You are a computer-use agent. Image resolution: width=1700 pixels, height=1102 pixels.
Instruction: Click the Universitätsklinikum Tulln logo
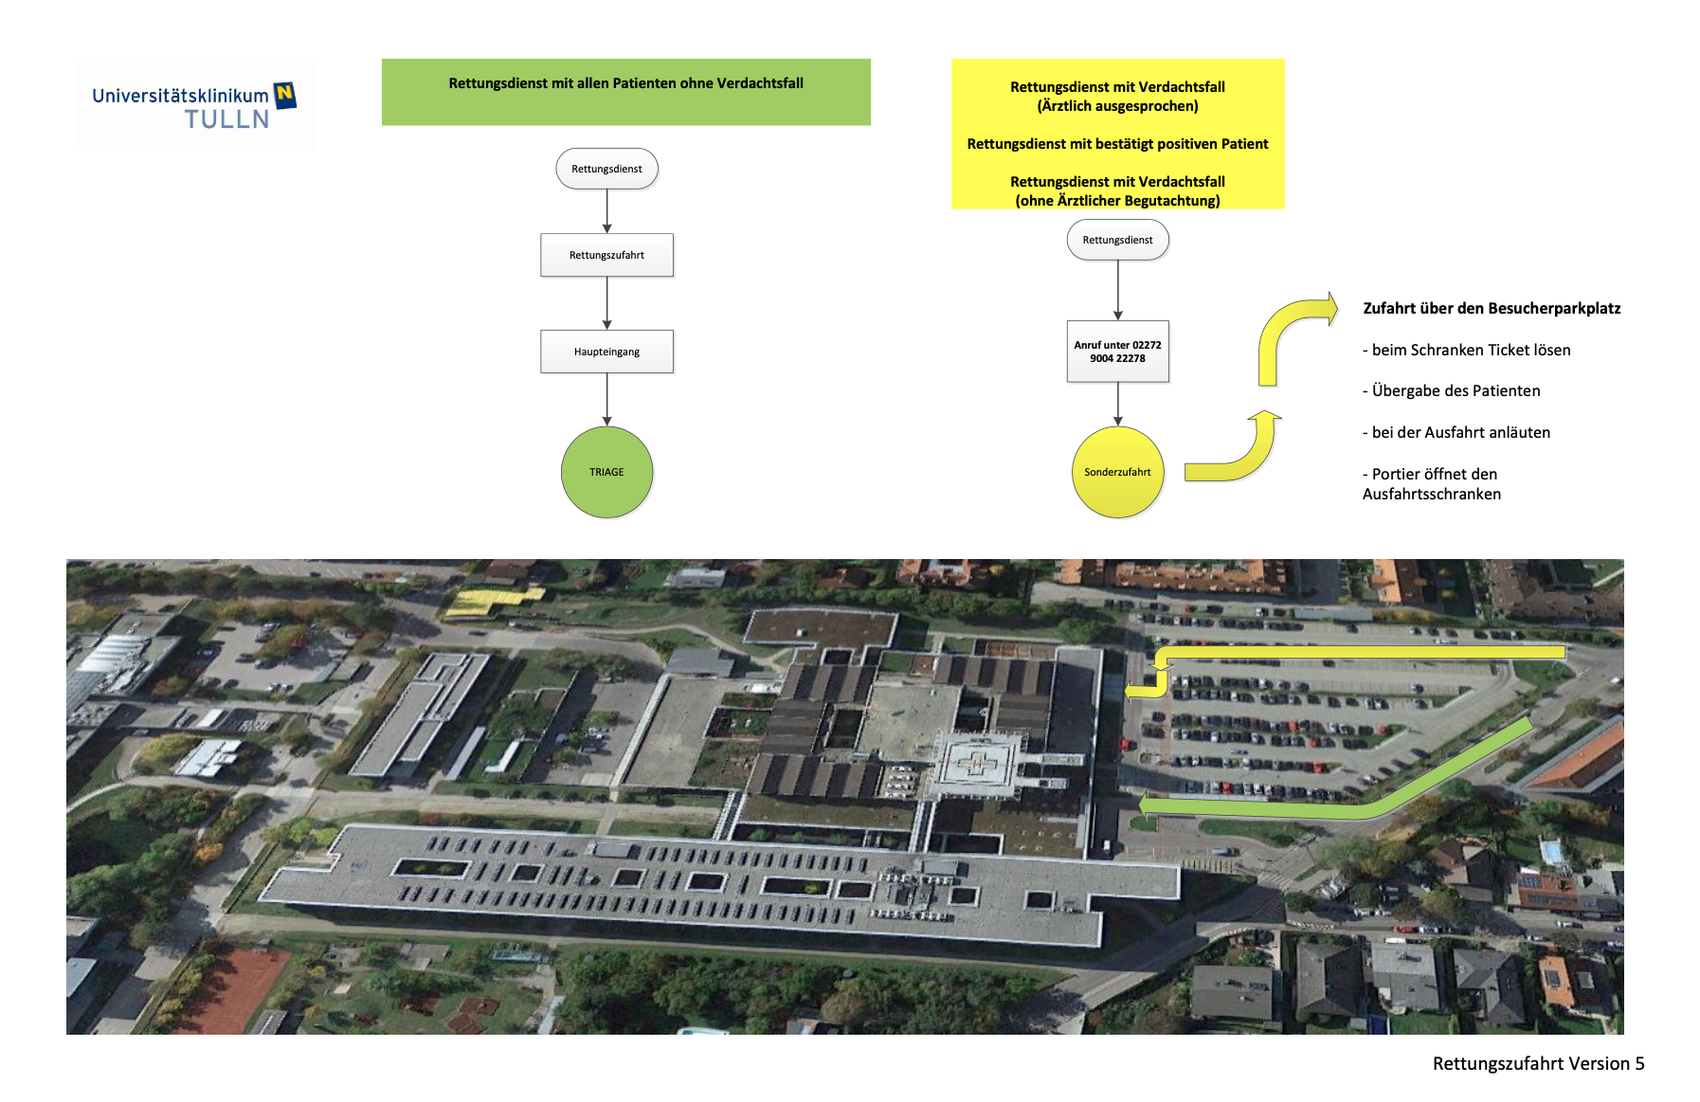195,106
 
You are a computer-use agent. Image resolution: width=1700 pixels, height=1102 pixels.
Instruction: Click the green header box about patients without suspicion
625,92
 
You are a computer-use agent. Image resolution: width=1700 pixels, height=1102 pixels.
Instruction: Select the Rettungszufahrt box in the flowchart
606,255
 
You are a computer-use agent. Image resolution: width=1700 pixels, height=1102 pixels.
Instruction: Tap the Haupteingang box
606,352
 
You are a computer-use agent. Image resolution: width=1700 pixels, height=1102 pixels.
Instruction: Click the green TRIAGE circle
606,472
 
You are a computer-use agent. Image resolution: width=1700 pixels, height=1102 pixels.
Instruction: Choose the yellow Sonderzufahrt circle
1117,472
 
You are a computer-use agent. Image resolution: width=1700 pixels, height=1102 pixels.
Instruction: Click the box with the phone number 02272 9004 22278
1117,352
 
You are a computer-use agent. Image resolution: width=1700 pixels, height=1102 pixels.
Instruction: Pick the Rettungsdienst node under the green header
606,169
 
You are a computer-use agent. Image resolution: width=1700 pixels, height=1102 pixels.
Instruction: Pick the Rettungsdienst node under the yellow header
1117,240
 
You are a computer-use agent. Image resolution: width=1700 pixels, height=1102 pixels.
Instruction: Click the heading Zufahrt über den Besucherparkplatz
1491,308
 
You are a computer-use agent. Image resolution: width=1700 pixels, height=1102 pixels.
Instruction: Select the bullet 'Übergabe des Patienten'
1456,390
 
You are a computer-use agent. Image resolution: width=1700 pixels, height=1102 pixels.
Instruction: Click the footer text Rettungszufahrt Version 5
1538,1063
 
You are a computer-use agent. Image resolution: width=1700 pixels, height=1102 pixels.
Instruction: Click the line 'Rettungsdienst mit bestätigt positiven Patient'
1117,144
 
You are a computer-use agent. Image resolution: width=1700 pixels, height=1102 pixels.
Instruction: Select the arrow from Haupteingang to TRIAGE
606,399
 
